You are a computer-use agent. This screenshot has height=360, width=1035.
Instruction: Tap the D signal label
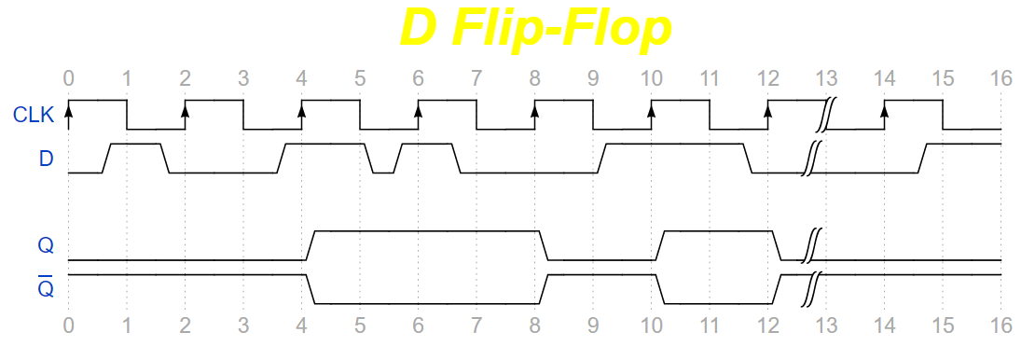pyautogui.click(x=46, y=159)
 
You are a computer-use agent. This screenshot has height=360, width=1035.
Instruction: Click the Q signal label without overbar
pyautogui.click(x=46, y=245)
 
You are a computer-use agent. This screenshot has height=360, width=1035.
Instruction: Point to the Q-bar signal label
pyautogui.click(x=46, y=285)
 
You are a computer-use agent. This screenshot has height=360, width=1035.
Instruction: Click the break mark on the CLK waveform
pyautogui.click(x=825, y=115)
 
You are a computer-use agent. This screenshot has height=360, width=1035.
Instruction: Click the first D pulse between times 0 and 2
pyautogui.click(x=136, y=145)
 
